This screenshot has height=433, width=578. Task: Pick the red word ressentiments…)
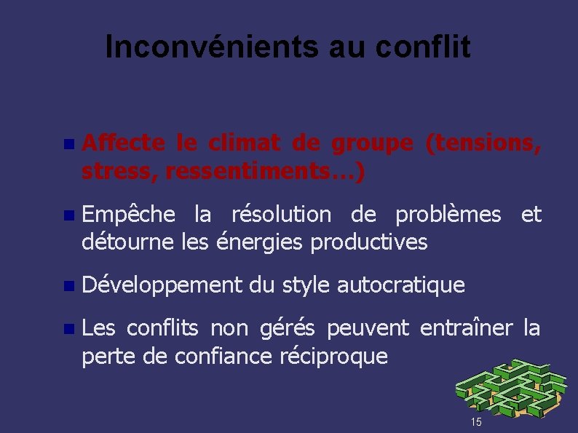tap(266, 172)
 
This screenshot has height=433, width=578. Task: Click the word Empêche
tap(129, 215)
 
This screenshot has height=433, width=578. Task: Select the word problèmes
tap(448, 215)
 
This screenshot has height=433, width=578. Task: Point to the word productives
tap(369, 241)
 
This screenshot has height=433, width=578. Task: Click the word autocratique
tap(400, 285)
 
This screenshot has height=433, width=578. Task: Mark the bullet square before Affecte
tap(68, 145)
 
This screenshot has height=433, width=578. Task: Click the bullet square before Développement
tap(68, 286)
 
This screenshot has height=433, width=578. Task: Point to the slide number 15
tap(476, 422)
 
